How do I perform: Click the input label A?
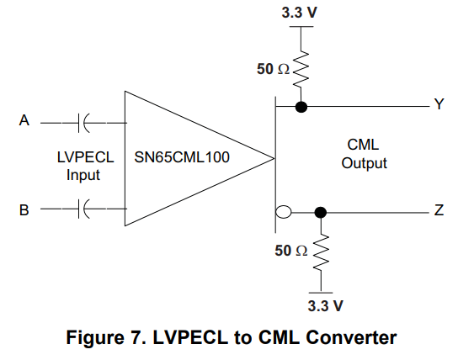pyautogui.click(x=24, y=121)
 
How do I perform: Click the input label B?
pyautogui.click(x=24, y=209)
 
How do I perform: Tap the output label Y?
pyautogui.click(x=438, y=105)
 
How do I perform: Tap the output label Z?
pyautogui.click(x=438, y=211)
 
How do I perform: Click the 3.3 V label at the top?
pyautogui.click(x=301, y=13)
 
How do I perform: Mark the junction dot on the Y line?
pyautogui.click(x=301, y=107)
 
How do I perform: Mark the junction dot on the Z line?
pyautogui.click(x=321, y=212)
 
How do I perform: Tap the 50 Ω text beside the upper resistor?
pyautogui.click(x=272, y=69)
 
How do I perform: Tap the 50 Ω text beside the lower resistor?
pyautogui.click(x=291, y=251)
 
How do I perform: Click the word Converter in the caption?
pyautogui.click(x=353, y=338)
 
